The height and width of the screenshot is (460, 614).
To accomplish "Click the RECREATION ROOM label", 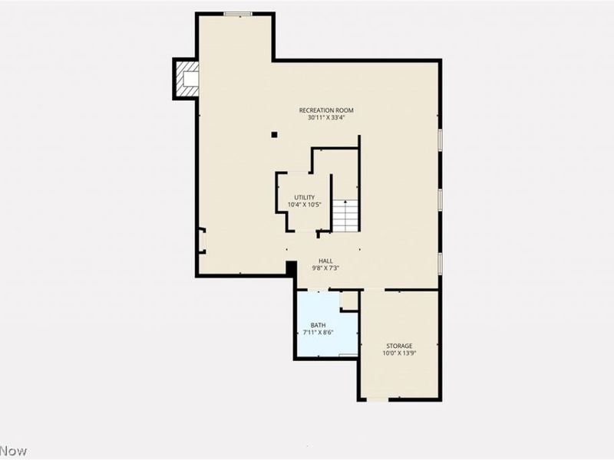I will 326,110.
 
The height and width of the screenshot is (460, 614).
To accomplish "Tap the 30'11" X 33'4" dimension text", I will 326,118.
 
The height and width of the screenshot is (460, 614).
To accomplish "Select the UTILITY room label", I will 305,198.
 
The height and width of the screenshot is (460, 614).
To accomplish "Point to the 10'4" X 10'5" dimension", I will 305,205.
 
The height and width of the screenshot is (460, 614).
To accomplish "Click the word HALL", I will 326,261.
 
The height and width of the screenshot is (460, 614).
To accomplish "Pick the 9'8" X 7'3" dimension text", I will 326,268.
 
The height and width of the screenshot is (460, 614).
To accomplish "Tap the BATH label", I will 318,326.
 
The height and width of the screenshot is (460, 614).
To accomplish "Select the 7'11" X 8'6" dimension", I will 318,333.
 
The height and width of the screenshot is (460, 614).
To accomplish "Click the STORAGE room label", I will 399,346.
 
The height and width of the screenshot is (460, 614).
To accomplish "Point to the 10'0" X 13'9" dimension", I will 399,353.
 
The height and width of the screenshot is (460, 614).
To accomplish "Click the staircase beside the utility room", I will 346,215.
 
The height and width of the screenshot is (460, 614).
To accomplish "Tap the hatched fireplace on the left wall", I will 186,79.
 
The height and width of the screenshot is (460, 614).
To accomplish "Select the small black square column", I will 274,135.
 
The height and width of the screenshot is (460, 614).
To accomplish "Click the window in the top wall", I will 238,13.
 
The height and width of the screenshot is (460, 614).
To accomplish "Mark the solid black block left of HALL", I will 292,268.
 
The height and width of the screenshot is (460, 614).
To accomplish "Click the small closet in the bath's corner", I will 349,300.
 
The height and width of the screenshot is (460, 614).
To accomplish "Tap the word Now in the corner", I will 13,451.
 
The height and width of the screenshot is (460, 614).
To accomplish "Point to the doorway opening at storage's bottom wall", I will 377,399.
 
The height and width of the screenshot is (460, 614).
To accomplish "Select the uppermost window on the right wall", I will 440,139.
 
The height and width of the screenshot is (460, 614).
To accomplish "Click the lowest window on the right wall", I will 440,263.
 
